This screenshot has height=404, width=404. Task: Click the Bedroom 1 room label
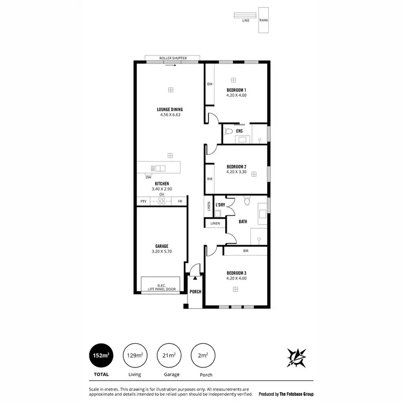pyautogui.click(x=236, y=89)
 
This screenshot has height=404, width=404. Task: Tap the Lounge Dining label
pyautogui.click(x=170, y=109)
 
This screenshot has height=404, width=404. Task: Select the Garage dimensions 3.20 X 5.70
pyautogui.click(x=162, y=252)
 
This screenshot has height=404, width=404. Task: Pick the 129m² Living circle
pyautogui.click(x=135, y=356)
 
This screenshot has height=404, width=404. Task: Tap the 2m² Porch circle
pyautogui.click(x=203, y=356)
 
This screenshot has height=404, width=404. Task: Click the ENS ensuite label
pyautogui.click(x=239, y=131)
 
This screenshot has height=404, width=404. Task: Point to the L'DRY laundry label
pyautogui.click(x=220, y=205)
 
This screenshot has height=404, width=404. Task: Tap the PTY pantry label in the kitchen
pyautogui.click(x=143, y=201)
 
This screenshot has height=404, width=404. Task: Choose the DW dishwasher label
pyautogui.click(x=148, y=177)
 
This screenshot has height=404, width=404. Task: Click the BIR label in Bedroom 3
pyautogui.click(x=245, y=251)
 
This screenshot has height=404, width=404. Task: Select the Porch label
pyautogui.click(x=195, y=292)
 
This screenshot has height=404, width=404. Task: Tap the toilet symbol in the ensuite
pyautogui.click(x=228, y=131)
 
